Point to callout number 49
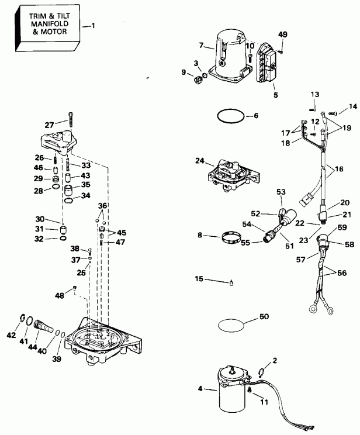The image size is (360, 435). (x=283, y=34)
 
